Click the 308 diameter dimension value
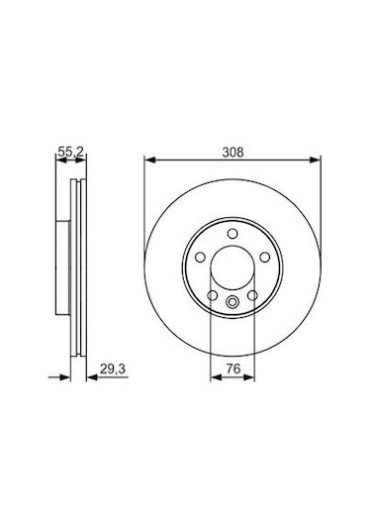tap(233, 152)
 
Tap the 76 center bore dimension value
tap(233, 369)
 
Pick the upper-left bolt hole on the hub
tap(199, 258)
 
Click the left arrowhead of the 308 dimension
tap(148, 160)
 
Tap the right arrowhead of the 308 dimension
tap(318, 160)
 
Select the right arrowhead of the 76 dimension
tap(251, 377)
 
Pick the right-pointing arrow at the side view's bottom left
tap(67, 377)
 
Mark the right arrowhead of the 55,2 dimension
tap(82, 160)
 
